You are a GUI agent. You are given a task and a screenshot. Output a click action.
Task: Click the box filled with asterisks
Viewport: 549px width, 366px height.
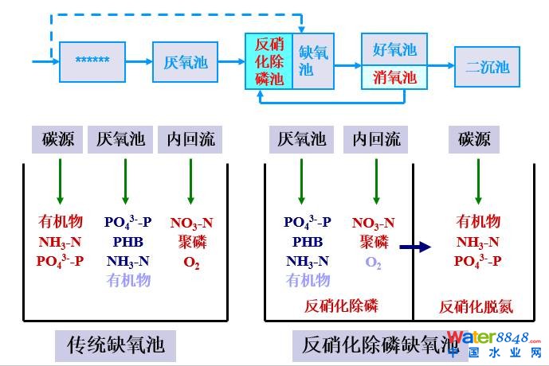(92, 61)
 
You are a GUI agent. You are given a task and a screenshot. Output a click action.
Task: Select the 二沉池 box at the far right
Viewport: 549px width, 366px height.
(487, 66)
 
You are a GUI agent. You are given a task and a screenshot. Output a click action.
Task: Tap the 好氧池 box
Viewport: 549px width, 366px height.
(394, 49)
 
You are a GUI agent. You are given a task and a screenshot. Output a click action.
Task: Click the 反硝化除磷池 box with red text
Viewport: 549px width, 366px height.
(269, 61)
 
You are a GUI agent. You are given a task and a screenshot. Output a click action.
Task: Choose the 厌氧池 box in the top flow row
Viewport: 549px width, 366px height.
(185, 61)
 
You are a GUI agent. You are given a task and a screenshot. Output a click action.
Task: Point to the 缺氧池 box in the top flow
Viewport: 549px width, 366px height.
(313, 61)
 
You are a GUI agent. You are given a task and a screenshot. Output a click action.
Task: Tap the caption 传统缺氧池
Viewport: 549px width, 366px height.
(116, 345)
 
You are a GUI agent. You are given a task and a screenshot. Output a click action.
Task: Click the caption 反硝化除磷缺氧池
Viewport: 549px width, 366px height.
(368, 345)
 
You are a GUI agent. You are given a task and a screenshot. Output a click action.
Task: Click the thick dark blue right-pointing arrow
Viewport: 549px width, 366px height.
(414, 247)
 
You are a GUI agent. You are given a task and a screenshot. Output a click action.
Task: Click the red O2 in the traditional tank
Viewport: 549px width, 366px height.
(191, 261)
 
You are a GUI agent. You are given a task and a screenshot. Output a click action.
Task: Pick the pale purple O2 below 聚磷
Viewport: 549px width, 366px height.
(373, 262)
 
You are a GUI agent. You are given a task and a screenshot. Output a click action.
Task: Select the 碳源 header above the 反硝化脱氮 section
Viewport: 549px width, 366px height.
(474, 140)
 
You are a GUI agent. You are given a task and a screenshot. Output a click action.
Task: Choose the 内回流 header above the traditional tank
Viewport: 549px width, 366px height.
(190, 140)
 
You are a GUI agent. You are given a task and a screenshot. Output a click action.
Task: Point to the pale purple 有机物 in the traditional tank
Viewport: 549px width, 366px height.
(128, 279)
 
